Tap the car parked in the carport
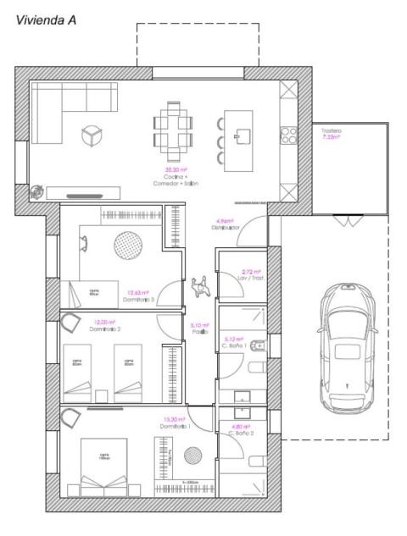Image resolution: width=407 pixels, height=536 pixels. (346, 346)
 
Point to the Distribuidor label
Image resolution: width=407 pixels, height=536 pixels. (226, 224)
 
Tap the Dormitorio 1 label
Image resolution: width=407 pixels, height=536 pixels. (176, 423)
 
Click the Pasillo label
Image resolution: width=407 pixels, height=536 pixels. (199, 329)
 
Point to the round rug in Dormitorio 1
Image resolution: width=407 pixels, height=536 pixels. (192, 456)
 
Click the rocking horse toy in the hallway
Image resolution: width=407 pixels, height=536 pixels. (202, 288)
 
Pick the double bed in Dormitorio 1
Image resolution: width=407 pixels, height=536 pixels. (103, 467)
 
